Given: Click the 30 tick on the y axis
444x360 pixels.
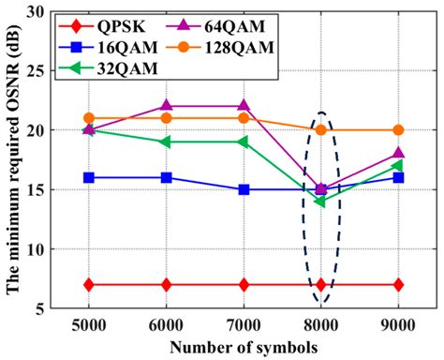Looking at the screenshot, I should point(38,12).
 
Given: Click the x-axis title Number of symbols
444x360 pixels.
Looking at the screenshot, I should point(244,346).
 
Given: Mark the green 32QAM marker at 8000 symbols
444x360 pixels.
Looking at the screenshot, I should point(320,202).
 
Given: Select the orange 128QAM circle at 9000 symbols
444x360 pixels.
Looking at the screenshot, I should point(398,130).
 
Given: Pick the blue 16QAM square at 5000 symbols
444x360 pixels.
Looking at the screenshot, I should point(89,177).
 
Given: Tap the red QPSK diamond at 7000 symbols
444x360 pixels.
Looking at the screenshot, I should point(244,284).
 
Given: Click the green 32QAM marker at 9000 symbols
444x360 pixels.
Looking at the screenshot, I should point(398,166).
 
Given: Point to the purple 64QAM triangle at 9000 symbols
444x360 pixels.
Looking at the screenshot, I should point(398,153).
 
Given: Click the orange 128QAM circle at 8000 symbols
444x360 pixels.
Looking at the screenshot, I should point(320,130).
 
